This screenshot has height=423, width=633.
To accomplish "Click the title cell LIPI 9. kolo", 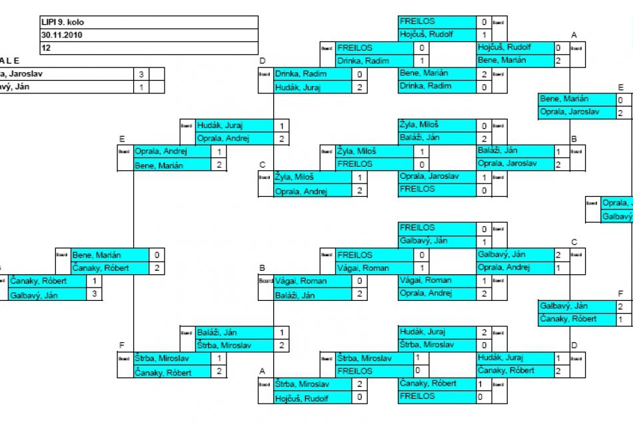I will point(148,22).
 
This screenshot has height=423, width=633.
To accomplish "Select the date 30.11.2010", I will point(148,35).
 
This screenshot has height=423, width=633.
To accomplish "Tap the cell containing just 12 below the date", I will point(148,48).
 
